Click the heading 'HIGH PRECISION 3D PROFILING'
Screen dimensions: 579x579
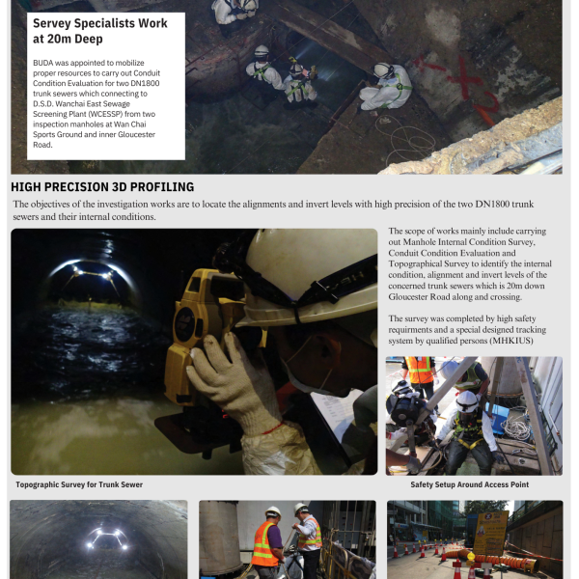[x=102, y=187]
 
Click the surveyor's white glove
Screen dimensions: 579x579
[x=232, y=381]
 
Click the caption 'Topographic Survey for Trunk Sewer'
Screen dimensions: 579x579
[x=79, y=484]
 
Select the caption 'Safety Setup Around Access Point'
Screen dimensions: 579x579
[x=469, y=484]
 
